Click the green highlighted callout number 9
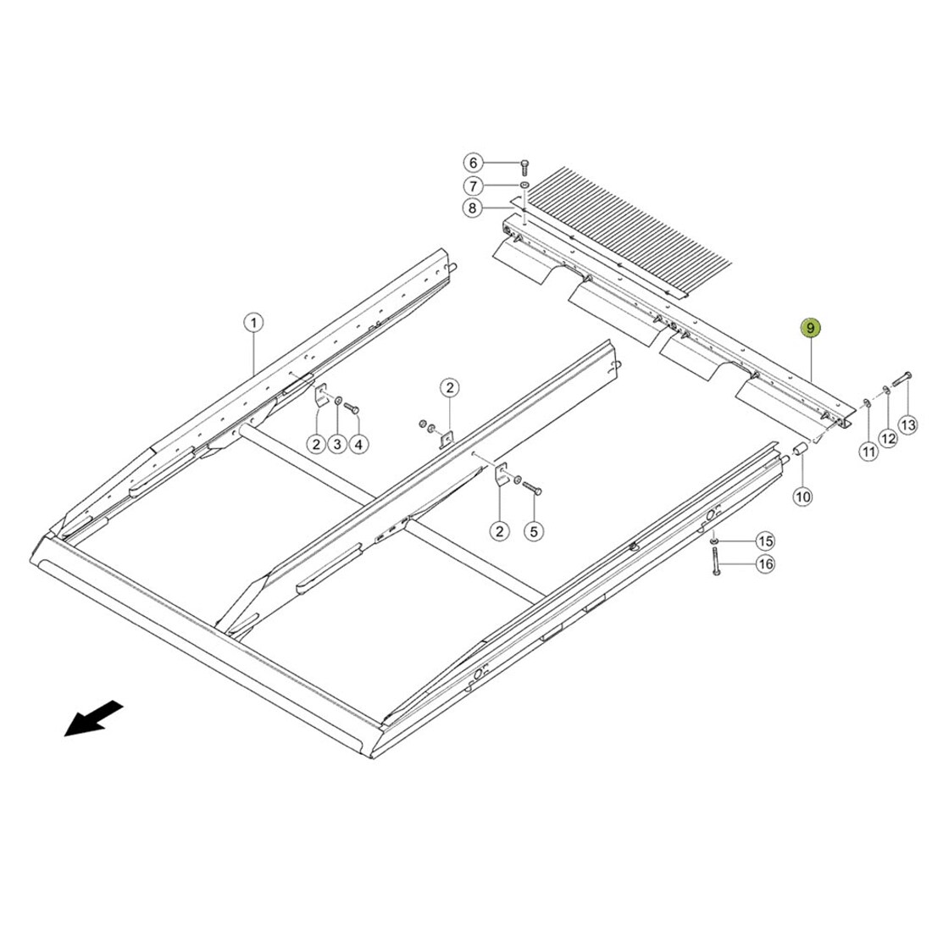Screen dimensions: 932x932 (x=810, y=328)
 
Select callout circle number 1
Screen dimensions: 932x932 (x=254, y=324)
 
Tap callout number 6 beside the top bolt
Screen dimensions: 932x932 (x=473, y=163)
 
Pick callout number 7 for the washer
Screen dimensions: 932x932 (x=473, y=186)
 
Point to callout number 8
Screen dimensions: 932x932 (x=473, y=208)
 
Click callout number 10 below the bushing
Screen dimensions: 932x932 (x=802, y=497)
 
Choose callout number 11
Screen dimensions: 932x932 (x=869, y=452)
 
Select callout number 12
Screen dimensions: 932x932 (x=889, y=439)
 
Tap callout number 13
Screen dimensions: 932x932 (x=908, y=425)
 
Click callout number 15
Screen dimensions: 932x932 (x=766, y=541)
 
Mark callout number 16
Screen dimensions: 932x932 (x=766, y=563)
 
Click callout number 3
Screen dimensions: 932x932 (x=337, y=444)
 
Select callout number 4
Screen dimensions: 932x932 (x=358, y=444)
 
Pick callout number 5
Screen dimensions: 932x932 (x=534, y=530)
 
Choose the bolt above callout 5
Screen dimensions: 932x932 (x=532, y=488)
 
